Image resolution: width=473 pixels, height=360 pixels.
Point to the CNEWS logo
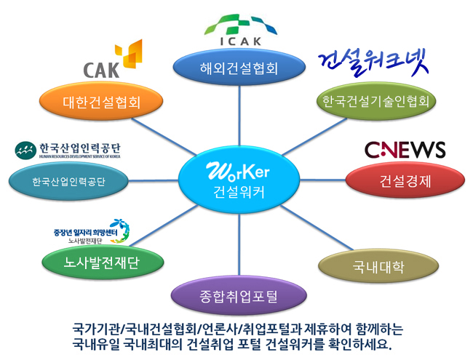[x=404, y=149]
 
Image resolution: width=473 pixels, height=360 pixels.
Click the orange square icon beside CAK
[x=131, y=55]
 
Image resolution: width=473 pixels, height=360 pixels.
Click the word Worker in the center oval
[x=238, y=172]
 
